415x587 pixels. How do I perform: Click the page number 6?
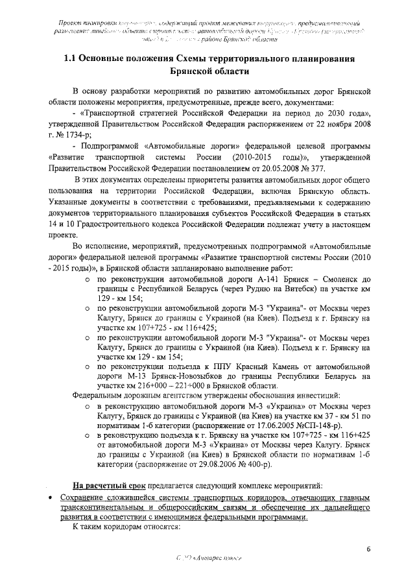(368, 550)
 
